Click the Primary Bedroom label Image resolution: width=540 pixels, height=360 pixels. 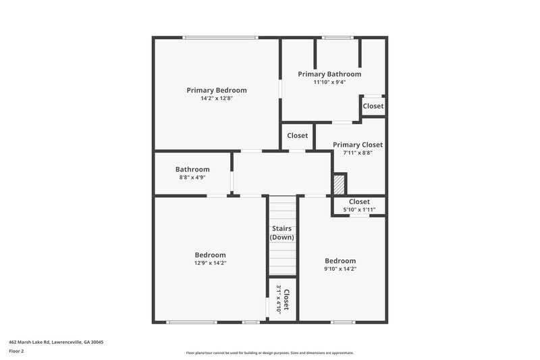coord(217,90)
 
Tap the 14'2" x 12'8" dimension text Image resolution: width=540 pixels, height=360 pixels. coord(217,99)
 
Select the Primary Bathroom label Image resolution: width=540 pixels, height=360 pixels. coord(329,74)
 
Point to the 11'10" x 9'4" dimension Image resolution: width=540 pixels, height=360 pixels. coord(329,82)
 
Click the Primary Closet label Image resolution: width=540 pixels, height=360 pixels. coord(358,145)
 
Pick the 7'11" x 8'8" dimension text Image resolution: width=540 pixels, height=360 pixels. coord(358,153)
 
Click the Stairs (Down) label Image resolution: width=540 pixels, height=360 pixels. coord(282,233)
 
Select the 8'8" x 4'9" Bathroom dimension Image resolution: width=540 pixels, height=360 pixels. coord(192,178)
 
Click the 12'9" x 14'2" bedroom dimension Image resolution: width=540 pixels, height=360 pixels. coord(209,263)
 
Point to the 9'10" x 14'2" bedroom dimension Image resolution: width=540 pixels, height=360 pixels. coord(340,269)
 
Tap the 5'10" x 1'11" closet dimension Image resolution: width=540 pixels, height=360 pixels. coord(359,209)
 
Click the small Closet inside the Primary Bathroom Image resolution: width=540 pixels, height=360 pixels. coord(373,106)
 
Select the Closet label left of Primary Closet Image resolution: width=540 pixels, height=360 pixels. coord(298,135)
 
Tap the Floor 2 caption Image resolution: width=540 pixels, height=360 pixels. coord(17,351)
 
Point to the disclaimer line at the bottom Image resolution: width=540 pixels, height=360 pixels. coord(269,353)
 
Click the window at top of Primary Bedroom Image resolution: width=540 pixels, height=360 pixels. coord(219,37)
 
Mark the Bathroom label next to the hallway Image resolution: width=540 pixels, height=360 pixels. coord(192,170)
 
